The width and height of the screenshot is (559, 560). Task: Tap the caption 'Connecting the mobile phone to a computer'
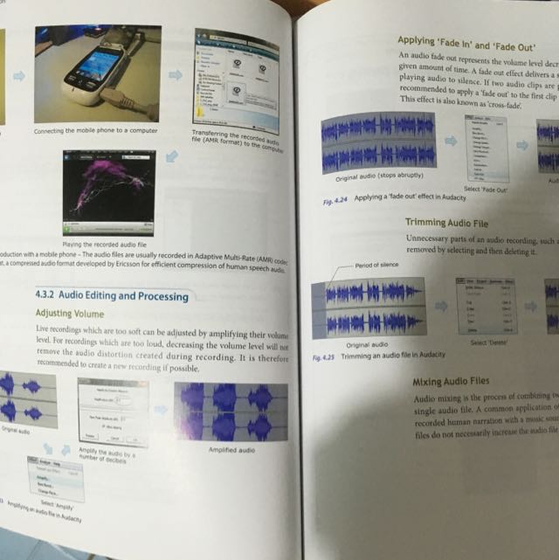tap(96, 131)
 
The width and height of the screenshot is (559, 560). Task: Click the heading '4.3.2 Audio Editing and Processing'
tap(112, 295)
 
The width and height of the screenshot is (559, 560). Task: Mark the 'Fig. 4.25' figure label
tap(323, 357)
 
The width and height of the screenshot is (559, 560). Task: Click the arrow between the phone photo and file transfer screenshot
tap(176, 75)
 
